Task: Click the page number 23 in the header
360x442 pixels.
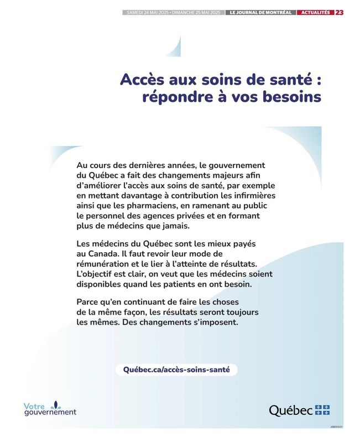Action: point(339,12)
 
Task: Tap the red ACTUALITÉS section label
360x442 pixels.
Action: point(315,12)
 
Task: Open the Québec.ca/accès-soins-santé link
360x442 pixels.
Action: point(176,370)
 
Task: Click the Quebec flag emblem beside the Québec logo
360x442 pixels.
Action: point(322,410)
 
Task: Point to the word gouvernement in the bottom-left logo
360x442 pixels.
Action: point(50,413)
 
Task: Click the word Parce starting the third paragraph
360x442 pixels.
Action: point(89,302)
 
